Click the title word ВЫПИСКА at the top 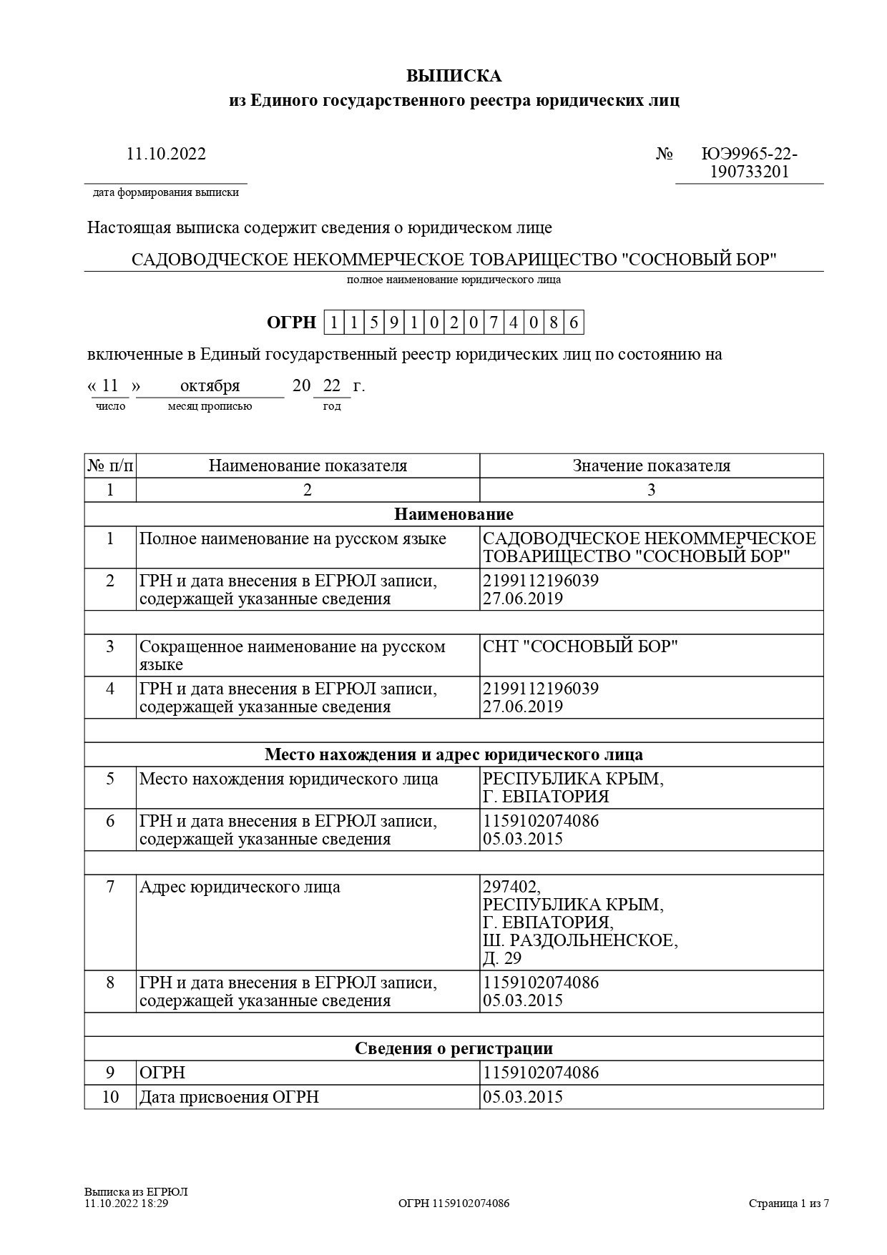[x=454, y=77]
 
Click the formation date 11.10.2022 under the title [x=166, y=154]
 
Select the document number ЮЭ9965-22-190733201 [x=749, y=163]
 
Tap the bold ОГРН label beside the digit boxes [x=290, y=323]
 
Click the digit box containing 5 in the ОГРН [x=373, y=323]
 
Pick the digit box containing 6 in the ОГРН [x=574, y=323]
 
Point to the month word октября [x=210, y=386]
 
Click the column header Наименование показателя [x=308, y=466]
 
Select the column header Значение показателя [x=651, y=466]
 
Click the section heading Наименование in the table [x=454, y=514]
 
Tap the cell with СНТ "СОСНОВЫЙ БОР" [x=580, y=646]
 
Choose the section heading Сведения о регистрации [x=454, y=1048]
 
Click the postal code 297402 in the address [x=512, y=887]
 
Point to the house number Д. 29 [x=502, y=958]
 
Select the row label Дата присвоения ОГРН [x=229, y=1097]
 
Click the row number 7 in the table [x=110, y=887]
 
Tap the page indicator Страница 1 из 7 [x=789, y=1204]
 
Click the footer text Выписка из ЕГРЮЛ [x=136, y=1192]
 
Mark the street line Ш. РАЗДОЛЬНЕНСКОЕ [x=580, y=940]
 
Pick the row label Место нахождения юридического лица [x=288, y=779]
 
